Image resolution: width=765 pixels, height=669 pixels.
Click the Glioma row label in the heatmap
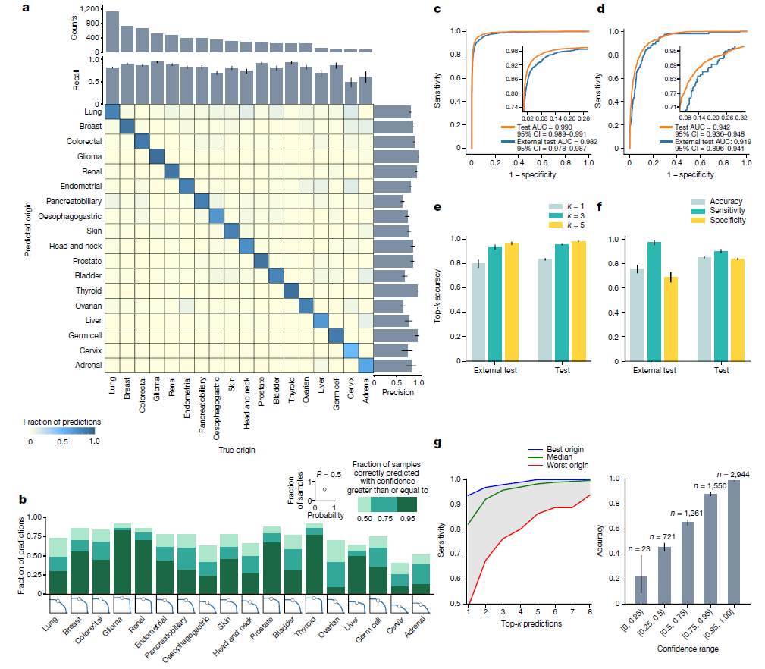click(x=86, y=156)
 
